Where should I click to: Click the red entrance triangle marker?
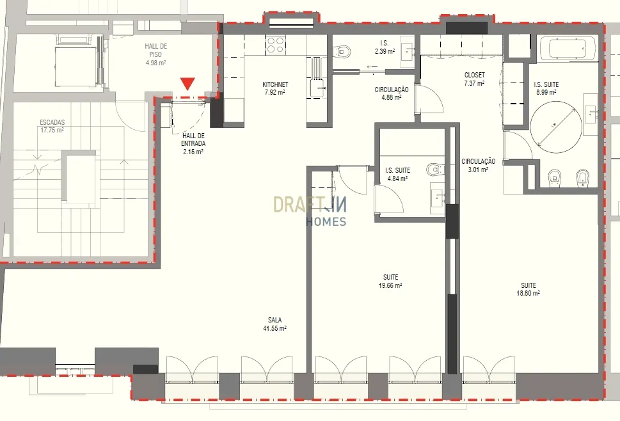coord(188,84)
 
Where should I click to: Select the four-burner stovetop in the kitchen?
coord(276,44)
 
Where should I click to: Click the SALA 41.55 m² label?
coord(274,324)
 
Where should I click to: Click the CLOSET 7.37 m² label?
coord(475,79)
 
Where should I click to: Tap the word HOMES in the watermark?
coord(326,222)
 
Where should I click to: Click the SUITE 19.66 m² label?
coord(390,282)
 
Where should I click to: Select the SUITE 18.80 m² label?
coord(529,289)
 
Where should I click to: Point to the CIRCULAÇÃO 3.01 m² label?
coord(479,165)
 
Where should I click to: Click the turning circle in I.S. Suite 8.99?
coord(555,127)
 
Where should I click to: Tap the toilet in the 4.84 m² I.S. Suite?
coord(435,170)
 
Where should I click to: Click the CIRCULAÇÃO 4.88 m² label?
coord(392,93)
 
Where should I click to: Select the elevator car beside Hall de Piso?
coord(76,67)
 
